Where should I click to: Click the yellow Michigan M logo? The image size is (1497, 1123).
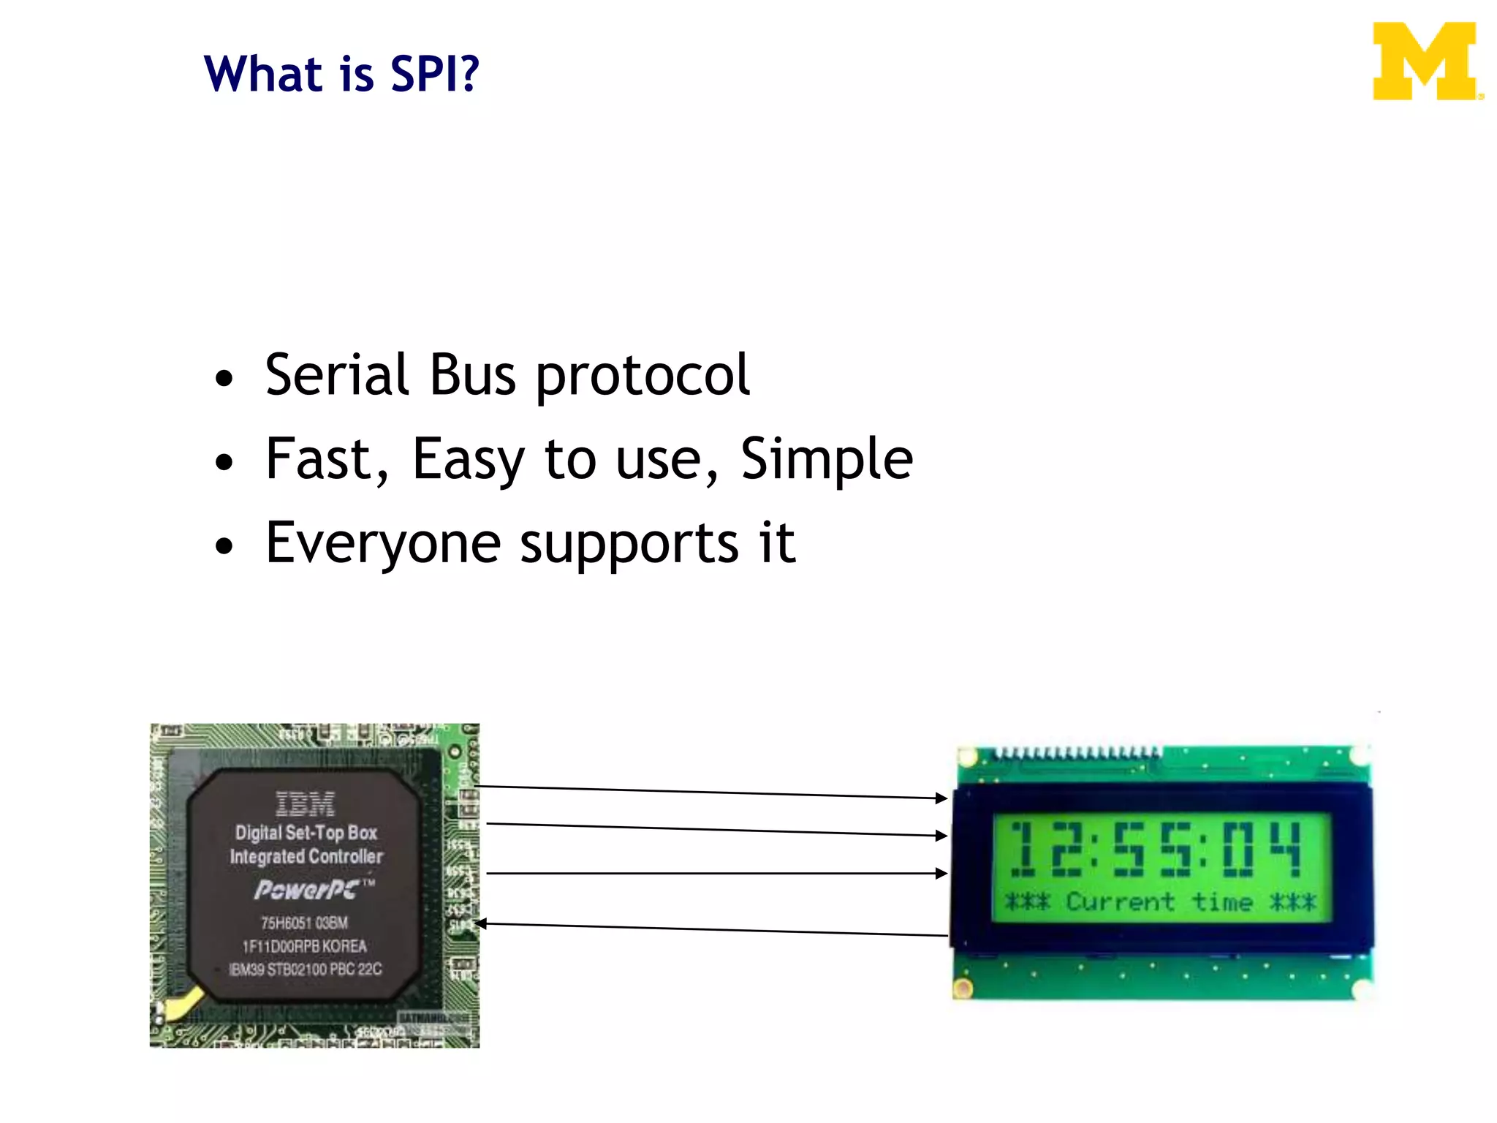(x=1425, y=61)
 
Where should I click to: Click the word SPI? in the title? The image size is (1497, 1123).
(x=435, y=74)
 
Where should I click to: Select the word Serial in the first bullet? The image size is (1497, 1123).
(x=337, y=375)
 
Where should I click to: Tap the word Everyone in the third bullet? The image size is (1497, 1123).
(x=383, y=543)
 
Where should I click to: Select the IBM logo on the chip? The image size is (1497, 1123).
(x=306, y=804)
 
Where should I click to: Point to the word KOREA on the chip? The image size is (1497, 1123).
(x=344, y=946)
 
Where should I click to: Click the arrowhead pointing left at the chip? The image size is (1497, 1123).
(x=480, y=924)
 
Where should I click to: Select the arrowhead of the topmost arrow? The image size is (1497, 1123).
(x=942, y=798)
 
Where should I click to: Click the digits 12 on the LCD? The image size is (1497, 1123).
(x=1046, y=849)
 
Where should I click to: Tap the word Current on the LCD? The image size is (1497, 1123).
(x=1119, y=901)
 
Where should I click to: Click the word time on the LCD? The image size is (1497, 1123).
(x=1222, y=901)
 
